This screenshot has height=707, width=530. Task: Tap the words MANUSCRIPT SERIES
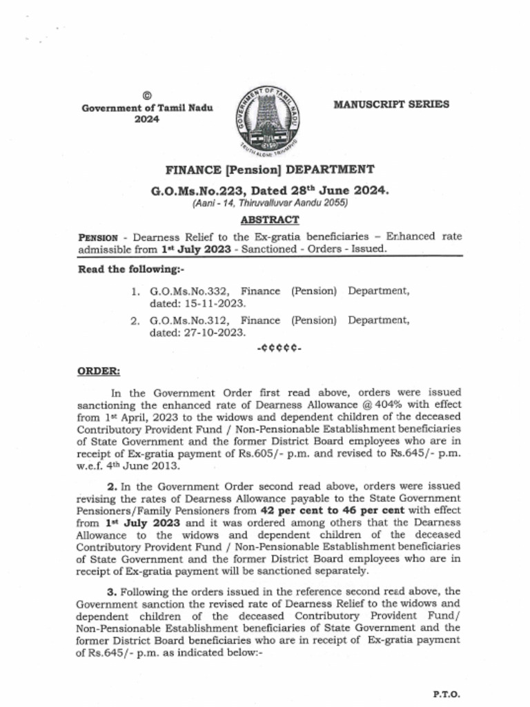pyautogui.click(x=391, y=104)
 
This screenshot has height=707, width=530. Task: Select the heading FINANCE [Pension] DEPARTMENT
pyautogui.click(x=270, y=170)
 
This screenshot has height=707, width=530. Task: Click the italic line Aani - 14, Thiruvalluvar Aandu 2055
pyautogui.click(x=270, y=204)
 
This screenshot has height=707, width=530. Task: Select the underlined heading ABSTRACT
pyautogui.click(x=270, y=220)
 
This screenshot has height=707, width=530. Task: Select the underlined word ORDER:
pyautogui.click(x=99, y=371)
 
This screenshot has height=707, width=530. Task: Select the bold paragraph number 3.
pyautogui.click(x=111, y=592)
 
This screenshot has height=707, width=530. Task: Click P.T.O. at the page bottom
pyautogui.click(x=446, y=695)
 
